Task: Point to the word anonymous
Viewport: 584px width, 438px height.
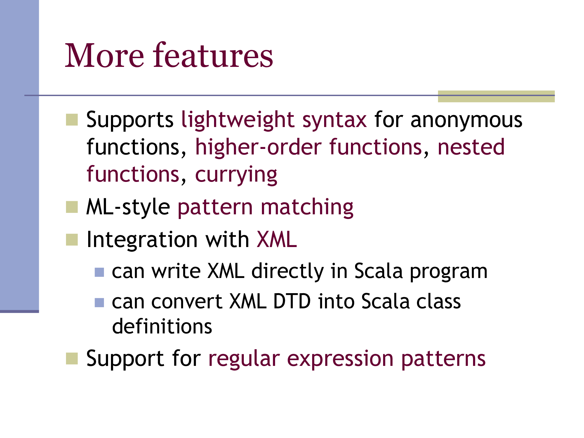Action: (466, 120)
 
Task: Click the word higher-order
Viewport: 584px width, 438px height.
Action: (258, 147)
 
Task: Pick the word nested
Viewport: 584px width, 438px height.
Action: (471, 147)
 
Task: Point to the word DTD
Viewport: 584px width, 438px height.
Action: (292, 301)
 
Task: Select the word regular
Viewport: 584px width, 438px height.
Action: (244, 359)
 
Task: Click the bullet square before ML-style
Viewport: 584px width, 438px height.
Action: (72, 207)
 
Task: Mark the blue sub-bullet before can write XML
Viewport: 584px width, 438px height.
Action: (99, 272)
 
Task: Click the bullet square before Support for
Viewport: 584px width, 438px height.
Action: (72, 359)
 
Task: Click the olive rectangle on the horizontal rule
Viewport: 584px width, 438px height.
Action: (496, 96)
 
